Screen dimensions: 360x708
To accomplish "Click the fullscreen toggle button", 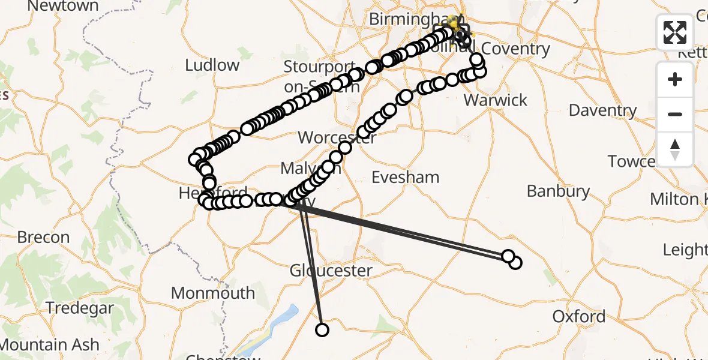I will (x=675, y=32).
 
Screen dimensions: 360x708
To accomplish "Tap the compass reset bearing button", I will (x=675, y=149).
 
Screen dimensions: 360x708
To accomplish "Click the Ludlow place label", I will (x=212, y=65).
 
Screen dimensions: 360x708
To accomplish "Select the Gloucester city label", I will (x=331, y=271).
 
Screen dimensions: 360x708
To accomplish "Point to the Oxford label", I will (x=579, y=316).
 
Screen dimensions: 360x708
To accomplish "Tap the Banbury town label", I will (x=559, y=191).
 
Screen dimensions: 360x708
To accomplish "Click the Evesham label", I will (x=406, y=177).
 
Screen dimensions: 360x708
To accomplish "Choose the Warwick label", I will (x=496, y=100).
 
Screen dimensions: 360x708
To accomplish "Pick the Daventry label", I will (x=602, y=110).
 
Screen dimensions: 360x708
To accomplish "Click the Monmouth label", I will (x=213, y=293).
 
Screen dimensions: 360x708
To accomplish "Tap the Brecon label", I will (x=43, y=238).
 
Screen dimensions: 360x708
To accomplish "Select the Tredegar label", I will (x=80, y=308).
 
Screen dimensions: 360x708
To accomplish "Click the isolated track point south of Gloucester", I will (x=322, y=329).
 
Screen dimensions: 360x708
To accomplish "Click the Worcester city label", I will (x=337, y=137).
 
